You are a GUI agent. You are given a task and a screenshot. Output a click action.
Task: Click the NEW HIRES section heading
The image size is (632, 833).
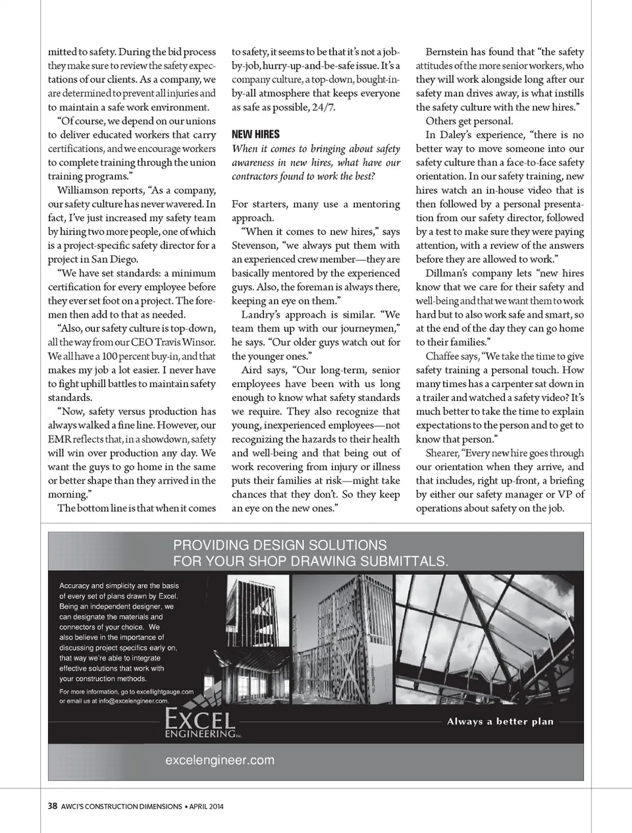tap(255, 134)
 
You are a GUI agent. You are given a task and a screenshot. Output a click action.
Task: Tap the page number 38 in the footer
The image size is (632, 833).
tap(53, 805)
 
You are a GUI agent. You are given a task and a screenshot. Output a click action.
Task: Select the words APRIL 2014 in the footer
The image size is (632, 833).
tap(206, 805)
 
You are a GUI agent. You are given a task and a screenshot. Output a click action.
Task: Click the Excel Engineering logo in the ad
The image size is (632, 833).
tap(200, 722)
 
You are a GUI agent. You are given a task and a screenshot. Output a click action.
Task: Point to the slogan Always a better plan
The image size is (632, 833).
tap(500, 721)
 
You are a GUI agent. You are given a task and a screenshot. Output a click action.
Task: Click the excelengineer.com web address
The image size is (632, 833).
tap(220, 760)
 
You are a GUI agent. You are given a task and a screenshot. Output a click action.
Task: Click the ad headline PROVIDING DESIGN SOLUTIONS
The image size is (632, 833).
tap(280, 545)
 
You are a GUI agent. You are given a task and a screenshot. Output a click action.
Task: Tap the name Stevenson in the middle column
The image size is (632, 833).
tap(254, 246)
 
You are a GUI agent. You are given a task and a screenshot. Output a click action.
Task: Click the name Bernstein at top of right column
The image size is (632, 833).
tap(449, 52)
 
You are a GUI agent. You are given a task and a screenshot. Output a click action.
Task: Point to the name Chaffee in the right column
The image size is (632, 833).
tap(442, 356)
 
